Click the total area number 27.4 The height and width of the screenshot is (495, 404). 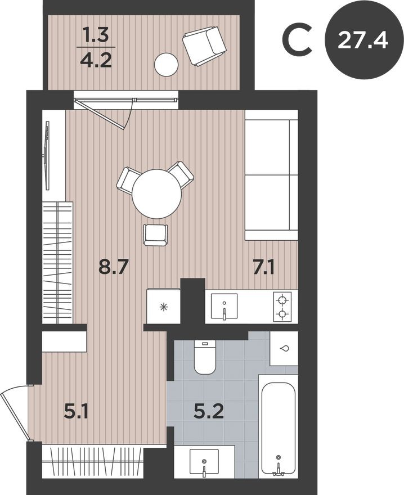pos(363,40)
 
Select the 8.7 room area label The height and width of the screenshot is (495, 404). pos(114,266)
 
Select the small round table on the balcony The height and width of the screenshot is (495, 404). pos(167,64)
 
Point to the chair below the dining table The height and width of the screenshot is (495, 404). pos(155,234)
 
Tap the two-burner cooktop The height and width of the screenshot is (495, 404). pos(282,306)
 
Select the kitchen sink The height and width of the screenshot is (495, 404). pos(224,307)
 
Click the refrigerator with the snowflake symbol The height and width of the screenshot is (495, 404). pos(163,307)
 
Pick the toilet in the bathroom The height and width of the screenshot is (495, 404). pos(205,357)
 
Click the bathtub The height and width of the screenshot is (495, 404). pos(277,427)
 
